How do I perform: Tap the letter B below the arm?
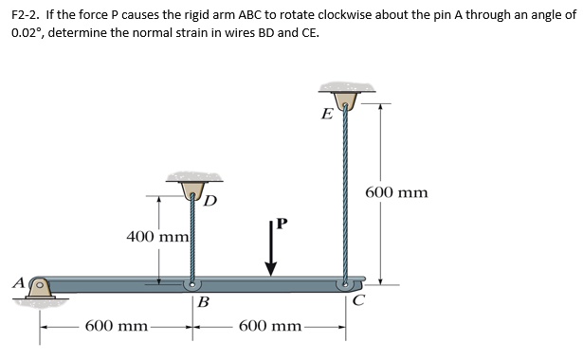203,304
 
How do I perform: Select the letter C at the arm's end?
356,303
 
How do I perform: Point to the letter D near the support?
210,200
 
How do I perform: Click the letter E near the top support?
327,116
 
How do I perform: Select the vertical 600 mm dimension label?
396,193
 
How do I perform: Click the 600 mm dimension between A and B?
117,326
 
